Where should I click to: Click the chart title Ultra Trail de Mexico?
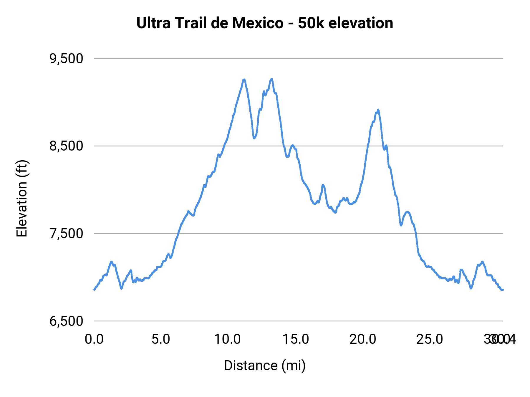click(x=264, y=23)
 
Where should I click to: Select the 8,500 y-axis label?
click(x=67, y=146)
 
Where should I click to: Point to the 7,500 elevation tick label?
click(x=67, y=234)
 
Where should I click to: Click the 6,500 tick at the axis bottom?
click(x=67, y=321)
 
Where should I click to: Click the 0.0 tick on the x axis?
click(x=94, y=339)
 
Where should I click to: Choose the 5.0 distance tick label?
click(x=161, y=339)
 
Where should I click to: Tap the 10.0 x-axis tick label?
click(x=227, y=339)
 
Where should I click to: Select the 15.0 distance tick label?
click(x=296, y=339)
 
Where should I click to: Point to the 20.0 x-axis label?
click(x=362, y=339)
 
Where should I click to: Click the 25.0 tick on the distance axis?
click(x=430, y=339)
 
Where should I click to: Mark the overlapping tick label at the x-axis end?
click(x=500, y=339)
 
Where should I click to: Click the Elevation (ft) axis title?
click(x=22, y=199)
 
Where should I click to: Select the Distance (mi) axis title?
click(x=264, y=366)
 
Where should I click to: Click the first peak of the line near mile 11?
click(x=244, y=80)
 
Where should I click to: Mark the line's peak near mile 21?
click(x=378, y=110)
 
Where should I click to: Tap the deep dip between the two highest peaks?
click(x=254, y=138)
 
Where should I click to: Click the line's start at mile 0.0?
click(x=95, y=290)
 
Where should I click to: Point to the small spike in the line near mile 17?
click(x=323, y=185)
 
